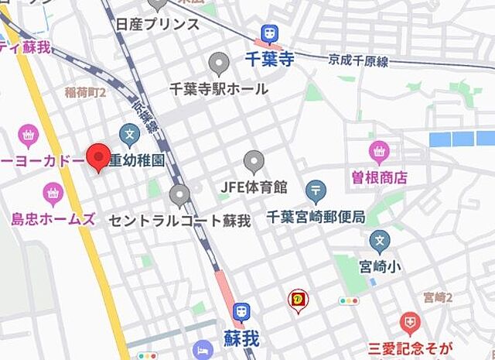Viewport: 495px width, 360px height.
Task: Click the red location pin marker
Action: pos(98,156)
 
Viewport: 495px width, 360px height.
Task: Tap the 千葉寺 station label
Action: pos(269,59)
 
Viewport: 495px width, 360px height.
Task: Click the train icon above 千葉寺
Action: pos(269,33)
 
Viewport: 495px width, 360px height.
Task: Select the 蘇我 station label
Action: pos(241,338)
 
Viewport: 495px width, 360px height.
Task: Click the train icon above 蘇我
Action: pos(242,311)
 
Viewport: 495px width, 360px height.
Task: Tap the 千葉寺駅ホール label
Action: pos(219,88)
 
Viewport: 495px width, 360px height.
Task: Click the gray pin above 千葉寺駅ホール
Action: pos(220,63)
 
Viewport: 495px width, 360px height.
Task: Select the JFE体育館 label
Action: pos(254,187)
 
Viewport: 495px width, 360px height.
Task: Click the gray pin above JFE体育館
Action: pos(254,161)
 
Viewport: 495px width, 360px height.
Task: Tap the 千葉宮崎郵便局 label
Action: pos(315,216)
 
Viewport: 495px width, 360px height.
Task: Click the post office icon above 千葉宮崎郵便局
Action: pos(316,190)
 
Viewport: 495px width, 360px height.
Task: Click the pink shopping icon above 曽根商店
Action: pos(379,150)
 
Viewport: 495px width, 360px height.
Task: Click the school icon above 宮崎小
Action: pos(379,242)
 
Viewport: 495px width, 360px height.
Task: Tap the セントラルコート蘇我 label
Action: pos(179,221)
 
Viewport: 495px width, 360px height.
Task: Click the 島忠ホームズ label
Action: pos(53,218)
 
